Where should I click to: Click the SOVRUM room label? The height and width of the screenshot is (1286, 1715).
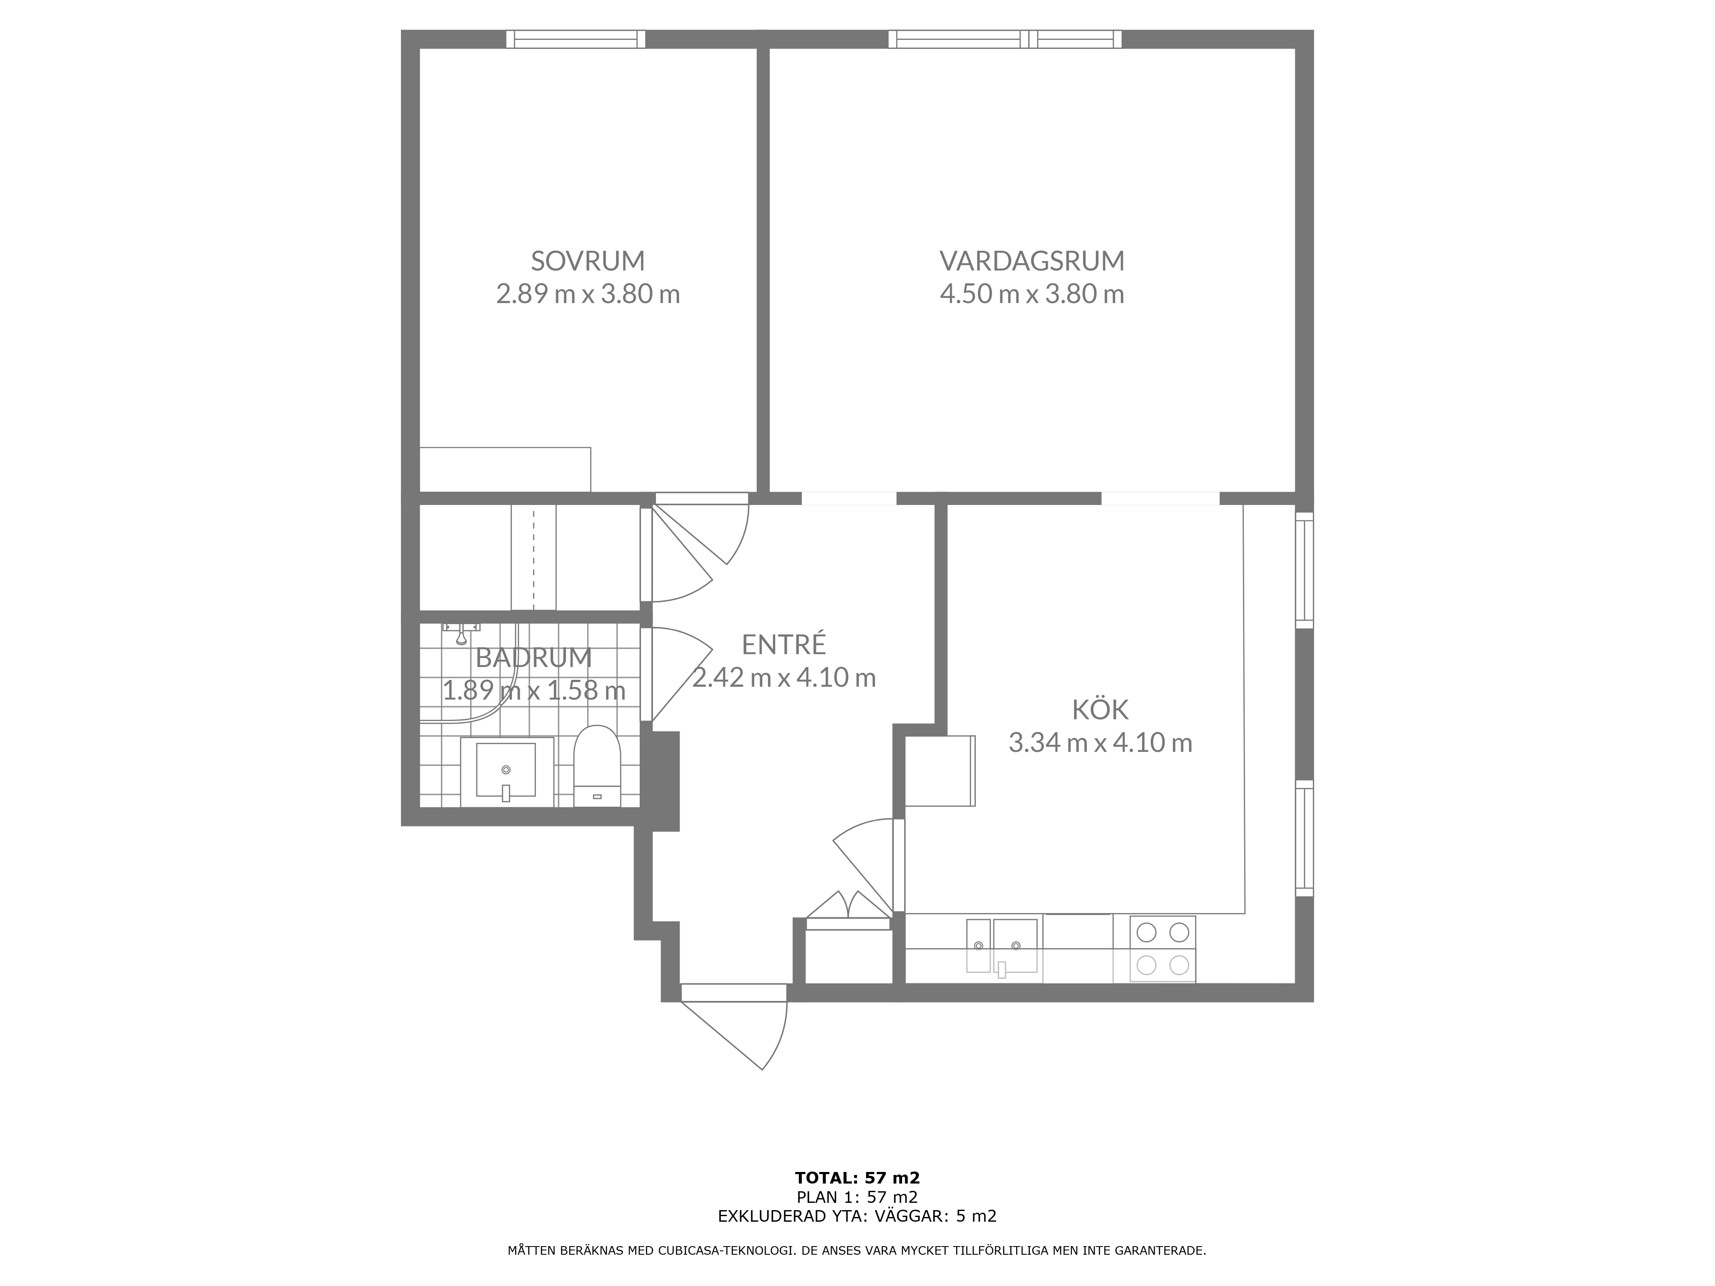tap(588, 261)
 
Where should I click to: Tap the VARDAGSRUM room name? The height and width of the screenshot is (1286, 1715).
tap(1032, 261)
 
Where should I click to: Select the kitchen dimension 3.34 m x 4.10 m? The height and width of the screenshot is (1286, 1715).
tap(1100, 742)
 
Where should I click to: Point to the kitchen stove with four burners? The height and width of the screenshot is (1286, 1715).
tap(1162, 949)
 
